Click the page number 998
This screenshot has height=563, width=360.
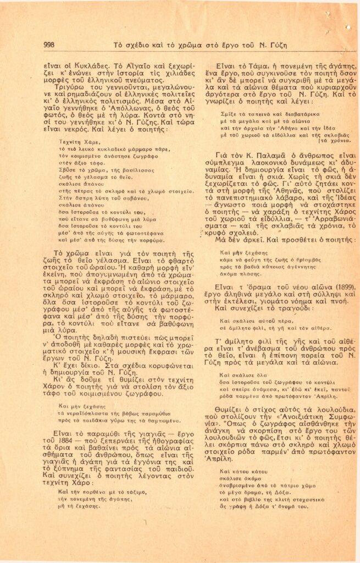click(x=48, y=45)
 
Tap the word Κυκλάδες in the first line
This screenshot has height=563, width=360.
click(x=78, y=64)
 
